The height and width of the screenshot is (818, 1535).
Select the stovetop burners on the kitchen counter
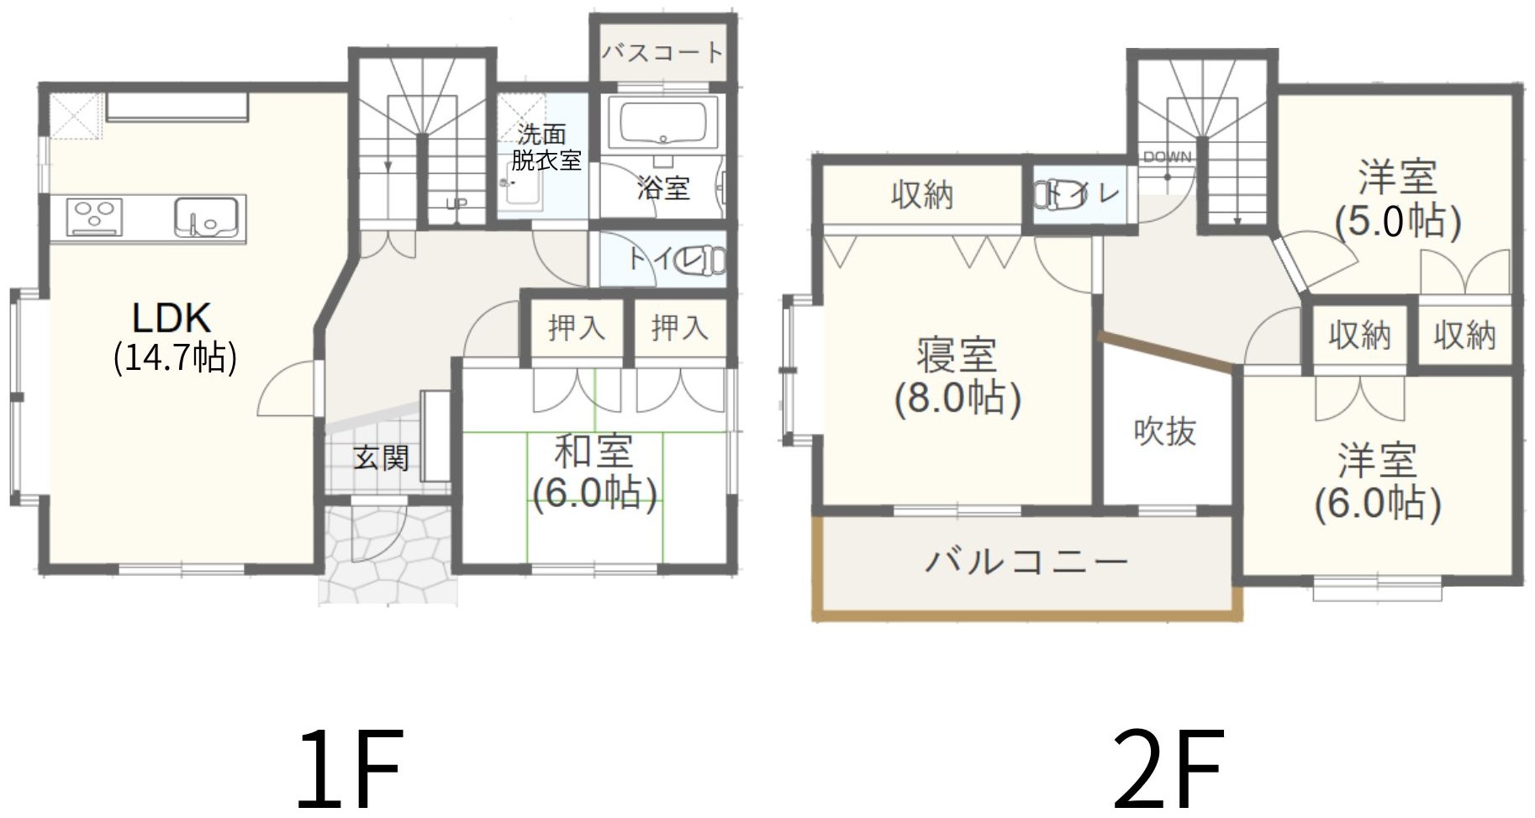coord(94,216)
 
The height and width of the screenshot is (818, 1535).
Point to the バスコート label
coord(662,52)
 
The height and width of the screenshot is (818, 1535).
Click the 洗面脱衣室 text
coord(546,146)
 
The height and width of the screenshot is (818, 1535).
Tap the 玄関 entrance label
coord(381,458)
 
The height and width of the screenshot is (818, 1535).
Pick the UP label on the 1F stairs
coord(456,203)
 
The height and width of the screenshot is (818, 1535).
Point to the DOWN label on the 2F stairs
coord(1167,157)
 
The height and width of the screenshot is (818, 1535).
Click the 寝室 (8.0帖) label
coord(957,377)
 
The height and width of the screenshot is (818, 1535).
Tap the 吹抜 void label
coord(1164,431)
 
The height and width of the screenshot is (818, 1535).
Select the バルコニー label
coord(1026,561)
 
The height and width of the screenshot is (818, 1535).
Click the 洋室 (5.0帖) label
coord(1398,200)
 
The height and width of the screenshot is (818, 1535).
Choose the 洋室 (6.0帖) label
coord(1378,482)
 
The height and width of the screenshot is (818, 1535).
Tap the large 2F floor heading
coord(1168,767)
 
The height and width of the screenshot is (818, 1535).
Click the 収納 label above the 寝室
coord(922,195)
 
